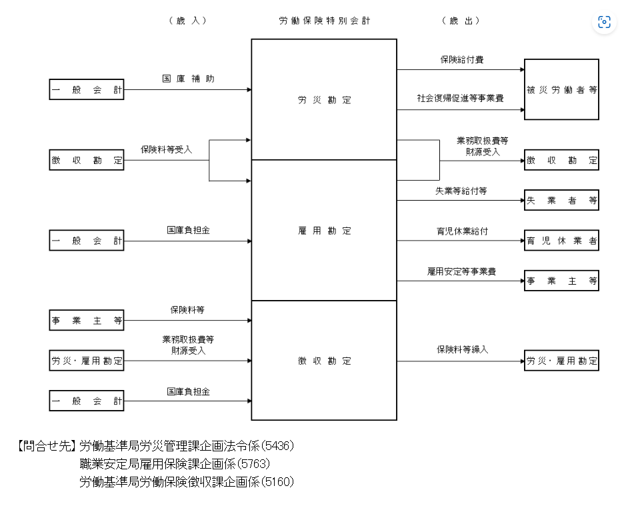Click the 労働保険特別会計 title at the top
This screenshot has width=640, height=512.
tap(324, 21)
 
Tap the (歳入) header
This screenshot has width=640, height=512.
tap(188, 21)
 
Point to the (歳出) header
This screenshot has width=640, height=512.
tap(461, 21)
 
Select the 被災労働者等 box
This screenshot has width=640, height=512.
tap(561, 89)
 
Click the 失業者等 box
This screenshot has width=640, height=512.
tap(561, 200)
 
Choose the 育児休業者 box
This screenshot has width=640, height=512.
tap(561, 241)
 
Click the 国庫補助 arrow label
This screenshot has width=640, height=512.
tap(188, 79)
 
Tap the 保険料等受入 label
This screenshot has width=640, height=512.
tap(166, 149)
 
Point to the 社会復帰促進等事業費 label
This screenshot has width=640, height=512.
tap(461, 98)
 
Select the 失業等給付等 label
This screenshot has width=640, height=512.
tap(461, 191)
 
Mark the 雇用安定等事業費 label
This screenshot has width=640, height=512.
tap(461, 271)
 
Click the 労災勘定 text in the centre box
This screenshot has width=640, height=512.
tap(324, 100)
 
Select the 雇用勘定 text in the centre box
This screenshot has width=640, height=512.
tap(324, 231)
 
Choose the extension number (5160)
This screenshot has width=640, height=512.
tap(277, 481)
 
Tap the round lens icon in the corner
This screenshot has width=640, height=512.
tap(604, 22)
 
